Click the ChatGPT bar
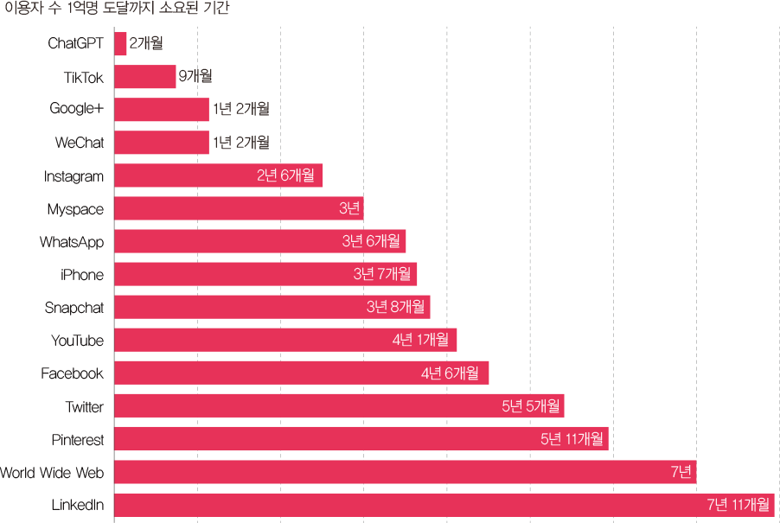(x=121, y=44)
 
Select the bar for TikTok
(x=145, y=77)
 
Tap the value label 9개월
(x=195, y=76)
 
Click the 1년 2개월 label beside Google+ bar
(x=240, y=109)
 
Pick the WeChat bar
(x=162, y=143)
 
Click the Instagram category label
(x=74, y=176)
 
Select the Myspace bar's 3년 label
(x=349, y=208)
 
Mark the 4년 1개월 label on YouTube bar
(x=420, y=340)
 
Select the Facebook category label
(x=73, y=373)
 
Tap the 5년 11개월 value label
(x=572, y=438)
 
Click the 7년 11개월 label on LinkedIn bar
(x=737, y=504)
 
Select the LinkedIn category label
(x=78, y=505)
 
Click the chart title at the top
(x=117, y=9)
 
